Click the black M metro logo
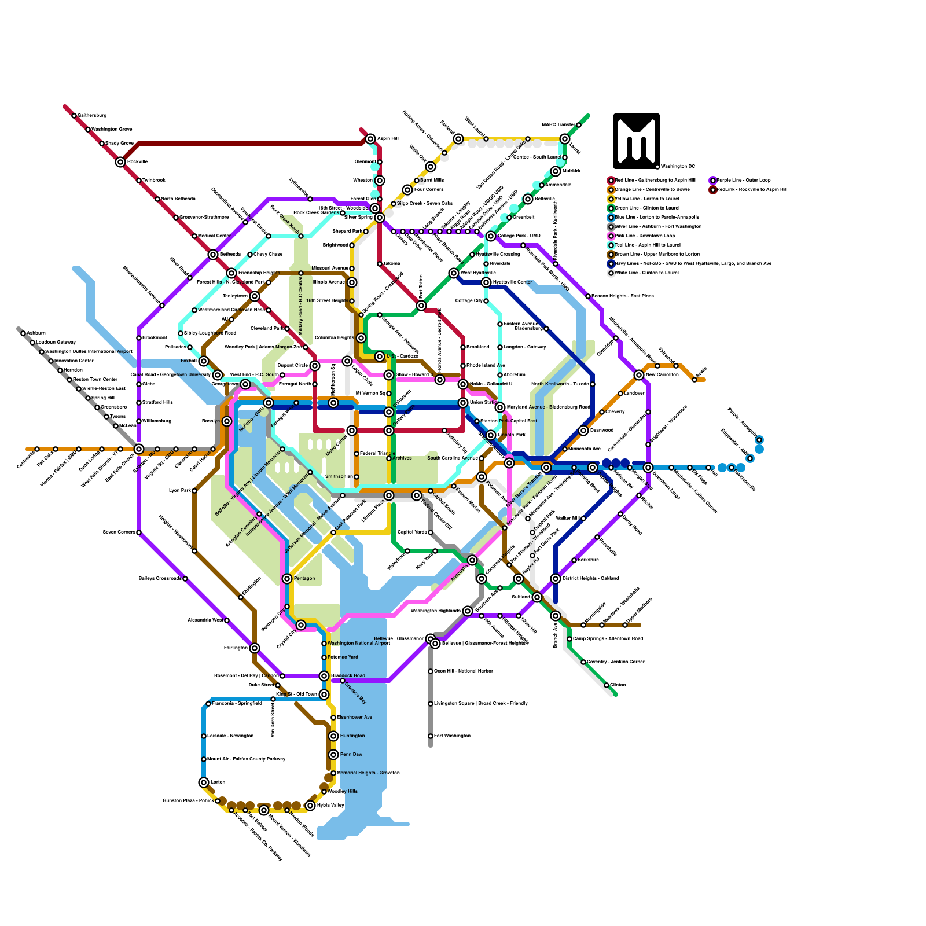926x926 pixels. coord(637,141)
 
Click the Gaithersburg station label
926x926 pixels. coord(92,116)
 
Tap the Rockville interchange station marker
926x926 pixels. coord(120,162)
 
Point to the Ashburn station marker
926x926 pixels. coord(23,333)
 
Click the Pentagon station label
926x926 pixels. coord(304,579)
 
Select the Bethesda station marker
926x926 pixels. coord(213,255)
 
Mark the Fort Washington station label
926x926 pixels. coord(452,736)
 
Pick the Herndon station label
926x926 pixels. coord(73,370)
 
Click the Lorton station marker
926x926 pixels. coord(204,782)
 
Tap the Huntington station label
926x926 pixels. coord(352,736)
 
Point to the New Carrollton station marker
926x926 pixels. coord(639,375)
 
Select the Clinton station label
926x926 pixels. coord(618,685)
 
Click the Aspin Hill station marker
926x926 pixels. coord(370,139)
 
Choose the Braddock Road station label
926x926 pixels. coord(348,675)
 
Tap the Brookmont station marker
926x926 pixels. coord(139,338)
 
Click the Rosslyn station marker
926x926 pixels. coord(227,421)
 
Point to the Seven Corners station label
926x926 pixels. coord(119,532)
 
